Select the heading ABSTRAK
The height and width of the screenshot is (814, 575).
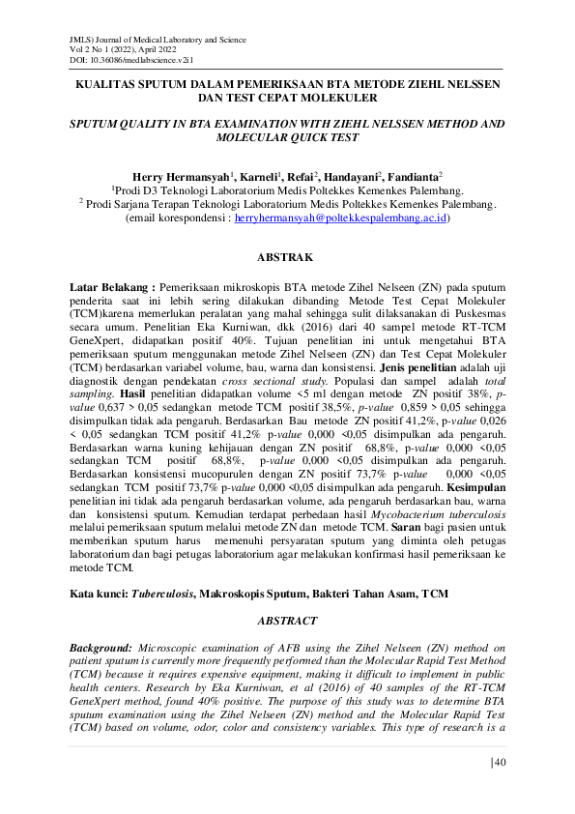(286, 259)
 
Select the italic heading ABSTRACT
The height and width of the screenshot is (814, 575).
(286, 620)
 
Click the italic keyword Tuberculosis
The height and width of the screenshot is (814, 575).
(166, 591)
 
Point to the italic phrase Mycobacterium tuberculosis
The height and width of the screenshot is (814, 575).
(439, 517)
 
